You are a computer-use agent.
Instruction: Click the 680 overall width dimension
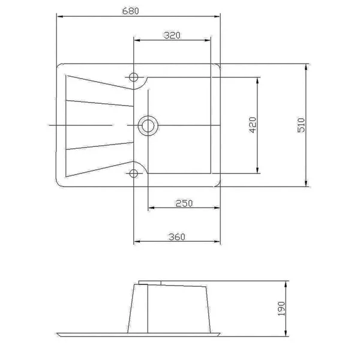click(x=130, y=11)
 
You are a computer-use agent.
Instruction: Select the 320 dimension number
click(x=172, y=35)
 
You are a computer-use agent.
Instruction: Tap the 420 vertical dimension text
click(x=253, y=125)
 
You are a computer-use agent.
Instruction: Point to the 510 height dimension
click(x=301, y=125)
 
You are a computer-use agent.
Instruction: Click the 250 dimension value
click(x=184, y=203)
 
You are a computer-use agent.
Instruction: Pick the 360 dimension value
click(x=177, y=237)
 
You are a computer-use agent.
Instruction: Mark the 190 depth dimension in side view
click(x=281, y=308)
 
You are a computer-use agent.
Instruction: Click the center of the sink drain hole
click(x=148, y=126)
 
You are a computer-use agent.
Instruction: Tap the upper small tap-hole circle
click(x=133, y=77)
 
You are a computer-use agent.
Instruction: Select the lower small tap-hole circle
click(x=134, y=173)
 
